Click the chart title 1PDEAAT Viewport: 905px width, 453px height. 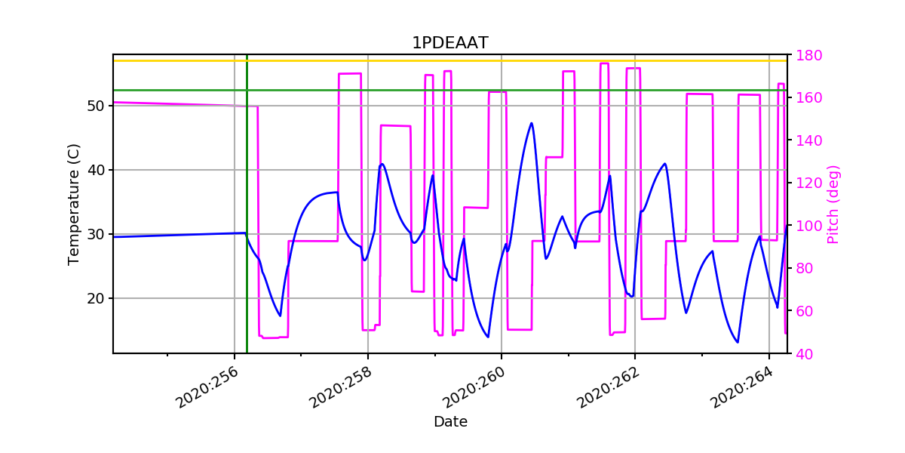tap(449, 43)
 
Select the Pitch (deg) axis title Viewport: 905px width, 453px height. tap(833, 204)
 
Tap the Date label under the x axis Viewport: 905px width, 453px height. tap(450, 422)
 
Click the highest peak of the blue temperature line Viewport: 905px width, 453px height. tap(532, 123)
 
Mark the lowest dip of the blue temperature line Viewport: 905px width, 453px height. tap(738, 342)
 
